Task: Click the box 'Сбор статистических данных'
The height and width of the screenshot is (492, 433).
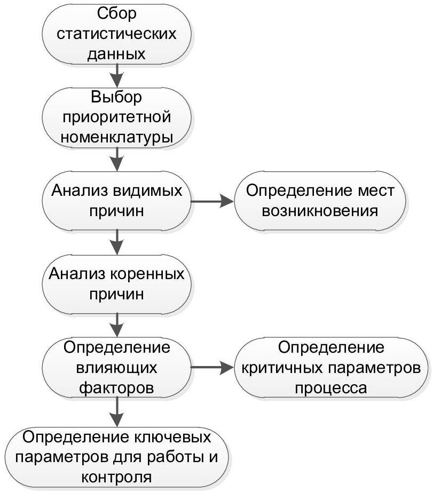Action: coord(116,34)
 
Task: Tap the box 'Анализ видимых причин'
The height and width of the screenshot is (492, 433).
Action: coord(116,201)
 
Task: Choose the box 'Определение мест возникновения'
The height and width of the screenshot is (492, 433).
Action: coord(320,201)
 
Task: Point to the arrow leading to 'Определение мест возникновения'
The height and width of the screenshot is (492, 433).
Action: coord(212,201)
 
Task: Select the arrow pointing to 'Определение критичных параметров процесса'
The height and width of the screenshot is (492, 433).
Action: coord(212,368)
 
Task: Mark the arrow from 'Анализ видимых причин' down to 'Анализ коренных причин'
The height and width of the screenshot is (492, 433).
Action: coord(116,242)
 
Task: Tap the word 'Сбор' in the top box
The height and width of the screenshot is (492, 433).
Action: coord(117,12)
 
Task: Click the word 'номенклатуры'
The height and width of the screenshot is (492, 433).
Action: coord(117,138)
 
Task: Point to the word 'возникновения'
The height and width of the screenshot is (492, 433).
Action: coord(320,210)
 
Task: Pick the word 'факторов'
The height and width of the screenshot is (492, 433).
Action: coord(117,388)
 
